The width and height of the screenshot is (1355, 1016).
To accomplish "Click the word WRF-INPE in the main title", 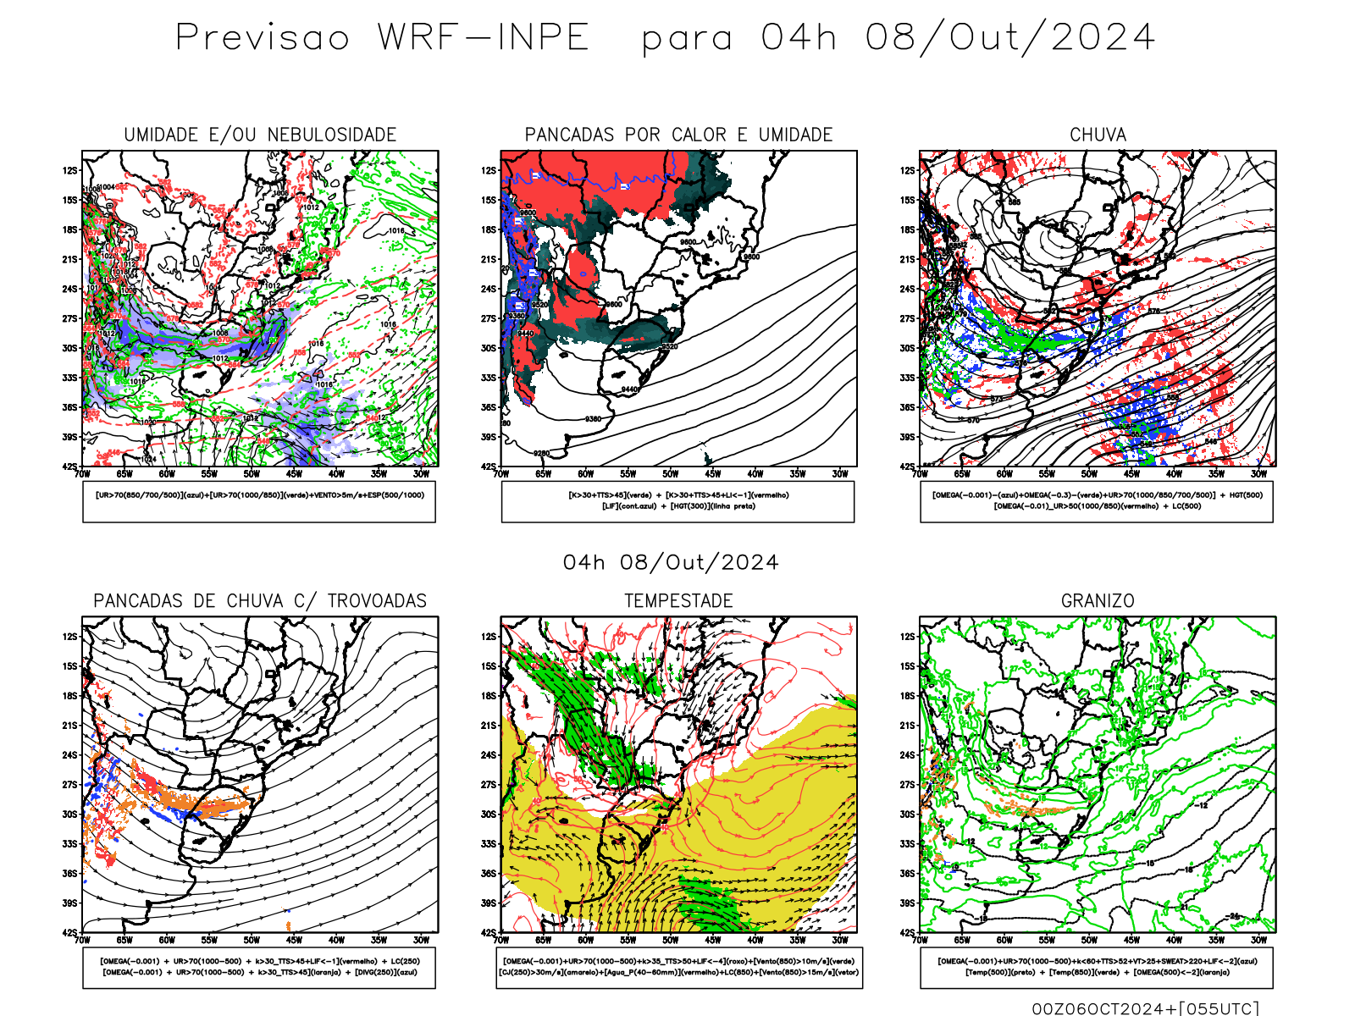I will (x=483, y=38).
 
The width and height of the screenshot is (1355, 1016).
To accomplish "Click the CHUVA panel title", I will (x=1098, y=135).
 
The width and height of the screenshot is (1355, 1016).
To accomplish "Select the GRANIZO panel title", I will (x=1098, y=601).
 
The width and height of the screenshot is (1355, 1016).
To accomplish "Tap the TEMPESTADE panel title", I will (x=678, y=601).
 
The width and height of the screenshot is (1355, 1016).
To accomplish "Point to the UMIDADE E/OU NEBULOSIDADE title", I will (x=260, y=135).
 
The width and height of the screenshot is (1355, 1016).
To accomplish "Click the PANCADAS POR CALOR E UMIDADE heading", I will (x=678, y=135).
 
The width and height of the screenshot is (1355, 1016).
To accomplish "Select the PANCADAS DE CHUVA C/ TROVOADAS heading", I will (x=260, y=601).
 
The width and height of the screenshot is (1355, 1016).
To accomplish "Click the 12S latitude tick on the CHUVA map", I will (x=908, y=171).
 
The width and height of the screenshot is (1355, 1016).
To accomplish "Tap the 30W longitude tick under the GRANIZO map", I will (x=1258, y=940).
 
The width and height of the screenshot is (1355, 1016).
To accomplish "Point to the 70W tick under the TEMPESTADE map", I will (x=501, y=940).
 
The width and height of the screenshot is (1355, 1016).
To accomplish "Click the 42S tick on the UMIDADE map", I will (x=69, y=467).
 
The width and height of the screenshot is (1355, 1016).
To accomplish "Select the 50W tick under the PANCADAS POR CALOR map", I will (x=670, y=474).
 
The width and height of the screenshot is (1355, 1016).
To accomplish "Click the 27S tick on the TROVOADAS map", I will (x=69, y=785).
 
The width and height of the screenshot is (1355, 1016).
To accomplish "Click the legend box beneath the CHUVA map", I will (x=1097, y=501).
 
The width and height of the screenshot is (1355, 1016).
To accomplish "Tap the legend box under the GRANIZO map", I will (x=1097, y=967).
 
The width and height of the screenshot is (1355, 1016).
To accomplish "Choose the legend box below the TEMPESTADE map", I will (x=678, y=967).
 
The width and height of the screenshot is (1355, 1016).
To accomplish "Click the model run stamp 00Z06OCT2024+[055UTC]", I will (x=1145, y=1008).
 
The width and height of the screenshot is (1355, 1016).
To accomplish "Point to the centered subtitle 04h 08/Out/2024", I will (x=671, y=563).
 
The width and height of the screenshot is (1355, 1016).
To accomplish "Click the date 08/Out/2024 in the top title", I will (x=1009, y=38).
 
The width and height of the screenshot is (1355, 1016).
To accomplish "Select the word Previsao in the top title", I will (x=263, y=38).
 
